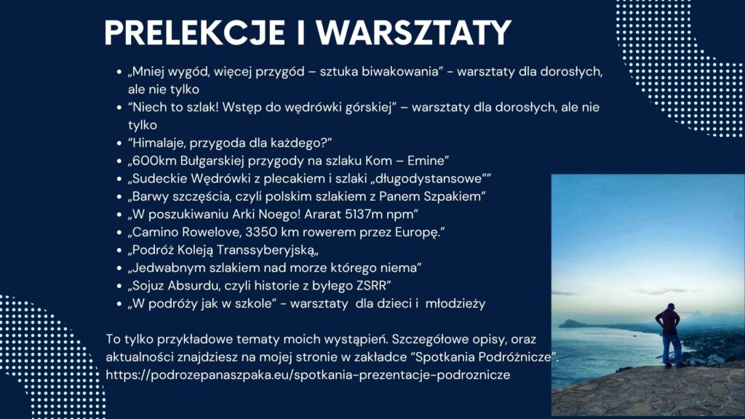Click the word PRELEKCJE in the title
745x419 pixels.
point(194,33)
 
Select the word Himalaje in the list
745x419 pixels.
point(159,143)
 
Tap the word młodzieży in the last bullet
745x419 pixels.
point(455,304)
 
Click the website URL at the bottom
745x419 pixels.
point(308,375)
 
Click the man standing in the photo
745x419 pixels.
point(669,335)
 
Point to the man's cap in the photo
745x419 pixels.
point(670,306)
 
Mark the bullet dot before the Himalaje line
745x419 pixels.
point(119,143)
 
